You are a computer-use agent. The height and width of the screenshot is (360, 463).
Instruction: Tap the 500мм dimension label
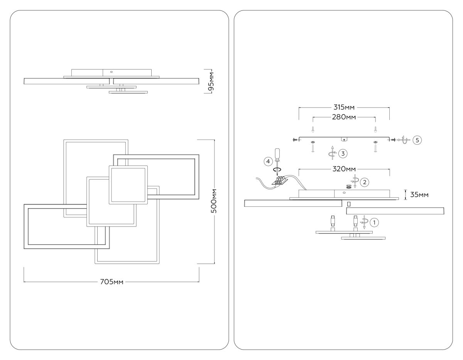(215, 201)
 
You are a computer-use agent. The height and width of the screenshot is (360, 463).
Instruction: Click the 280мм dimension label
(344, 117)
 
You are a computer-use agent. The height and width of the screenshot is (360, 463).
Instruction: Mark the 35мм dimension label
(419, 194)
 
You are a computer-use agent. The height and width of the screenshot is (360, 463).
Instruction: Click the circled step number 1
(373, 222)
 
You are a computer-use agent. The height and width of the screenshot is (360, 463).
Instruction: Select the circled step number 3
(342, 153)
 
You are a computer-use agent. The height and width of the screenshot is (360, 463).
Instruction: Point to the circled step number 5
(417, 140)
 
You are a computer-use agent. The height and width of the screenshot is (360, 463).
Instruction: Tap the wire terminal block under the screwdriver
(281, 180)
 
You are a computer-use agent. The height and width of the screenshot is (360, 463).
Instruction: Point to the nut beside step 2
(348, 186)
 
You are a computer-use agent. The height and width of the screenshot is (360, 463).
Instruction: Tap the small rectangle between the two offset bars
(349, 203)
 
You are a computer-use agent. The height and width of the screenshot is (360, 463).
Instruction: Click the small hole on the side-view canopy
(111, 71)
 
